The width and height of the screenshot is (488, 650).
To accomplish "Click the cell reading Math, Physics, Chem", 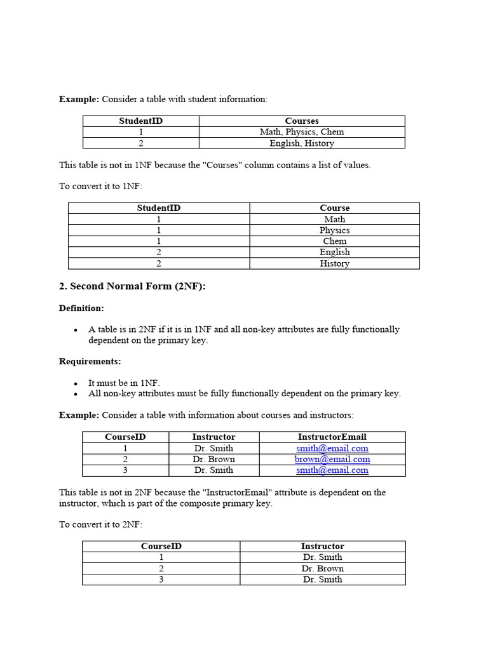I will (x=302, y=132).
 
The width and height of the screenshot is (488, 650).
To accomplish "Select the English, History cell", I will (x=302, y=143).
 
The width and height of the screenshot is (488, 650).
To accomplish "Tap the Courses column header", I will (x=302, y=121).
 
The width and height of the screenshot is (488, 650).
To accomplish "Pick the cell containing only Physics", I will (x=334, y=230).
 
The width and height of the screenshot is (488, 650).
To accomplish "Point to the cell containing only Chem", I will (x=334, y=241).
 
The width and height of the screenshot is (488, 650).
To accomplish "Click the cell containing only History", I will (x=334, y=263).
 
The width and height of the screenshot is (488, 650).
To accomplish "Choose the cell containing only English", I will (x=334, y=252).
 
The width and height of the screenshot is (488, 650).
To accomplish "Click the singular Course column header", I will (x=334, y=208).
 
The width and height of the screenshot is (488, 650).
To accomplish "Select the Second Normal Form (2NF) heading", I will (x=132, y=286).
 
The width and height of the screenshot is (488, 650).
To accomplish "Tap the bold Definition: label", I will (x=81, y=308).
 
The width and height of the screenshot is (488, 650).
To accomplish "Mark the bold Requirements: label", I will (x=90, y=361).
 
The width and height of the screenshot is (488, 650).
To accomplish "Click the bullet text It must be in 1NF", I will (x=124, y=383).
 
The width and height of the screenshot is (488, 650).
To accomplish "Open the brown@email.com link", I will (x=332, y=459).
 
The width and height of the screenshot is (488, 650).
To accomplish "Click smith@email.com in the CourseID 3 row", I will (x=332, y=470).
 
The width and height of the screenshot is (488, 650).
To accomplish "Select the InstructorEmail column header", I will (x=332, y=437).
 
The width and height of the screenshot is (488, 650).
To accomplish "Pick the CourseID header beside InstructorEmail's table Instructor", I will (x=125, y=437).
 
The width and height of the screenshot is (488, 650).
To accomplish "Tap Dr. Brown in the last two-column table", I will (x=322, y=568).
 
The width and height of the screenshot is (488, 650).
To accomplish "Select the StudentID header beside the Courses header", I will (x=140, y=121).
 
